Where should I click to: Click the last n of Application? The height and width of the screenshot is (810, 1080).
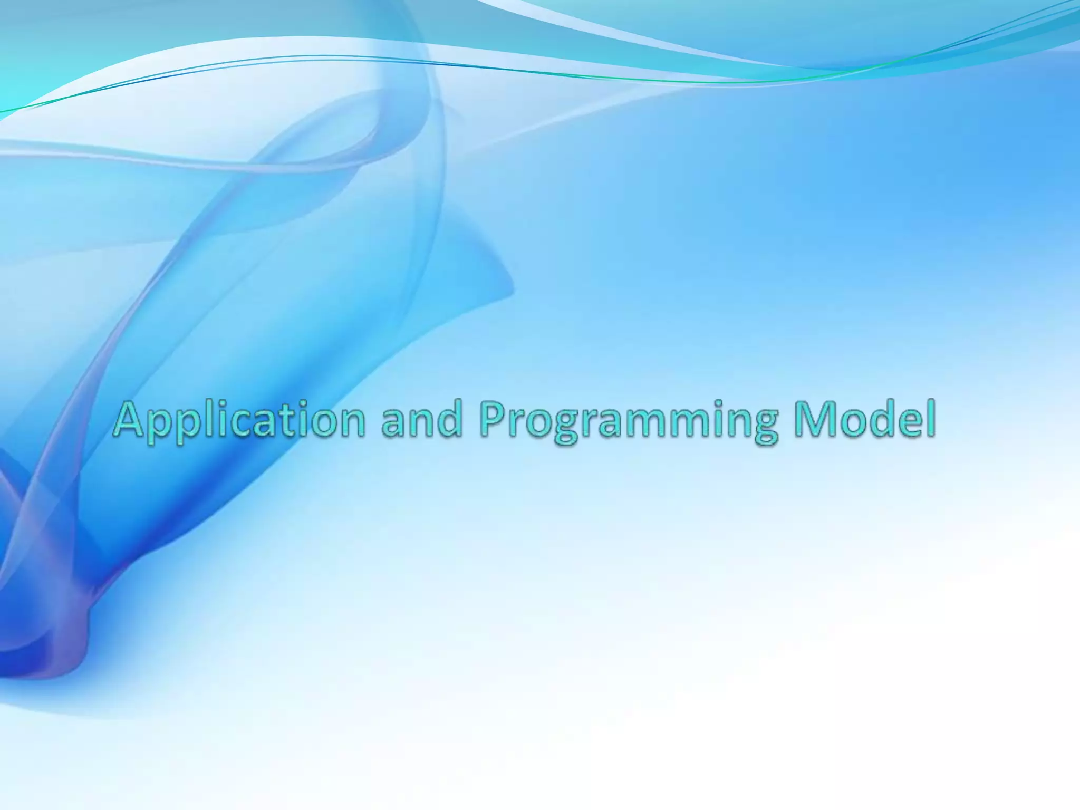point(351,425)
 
